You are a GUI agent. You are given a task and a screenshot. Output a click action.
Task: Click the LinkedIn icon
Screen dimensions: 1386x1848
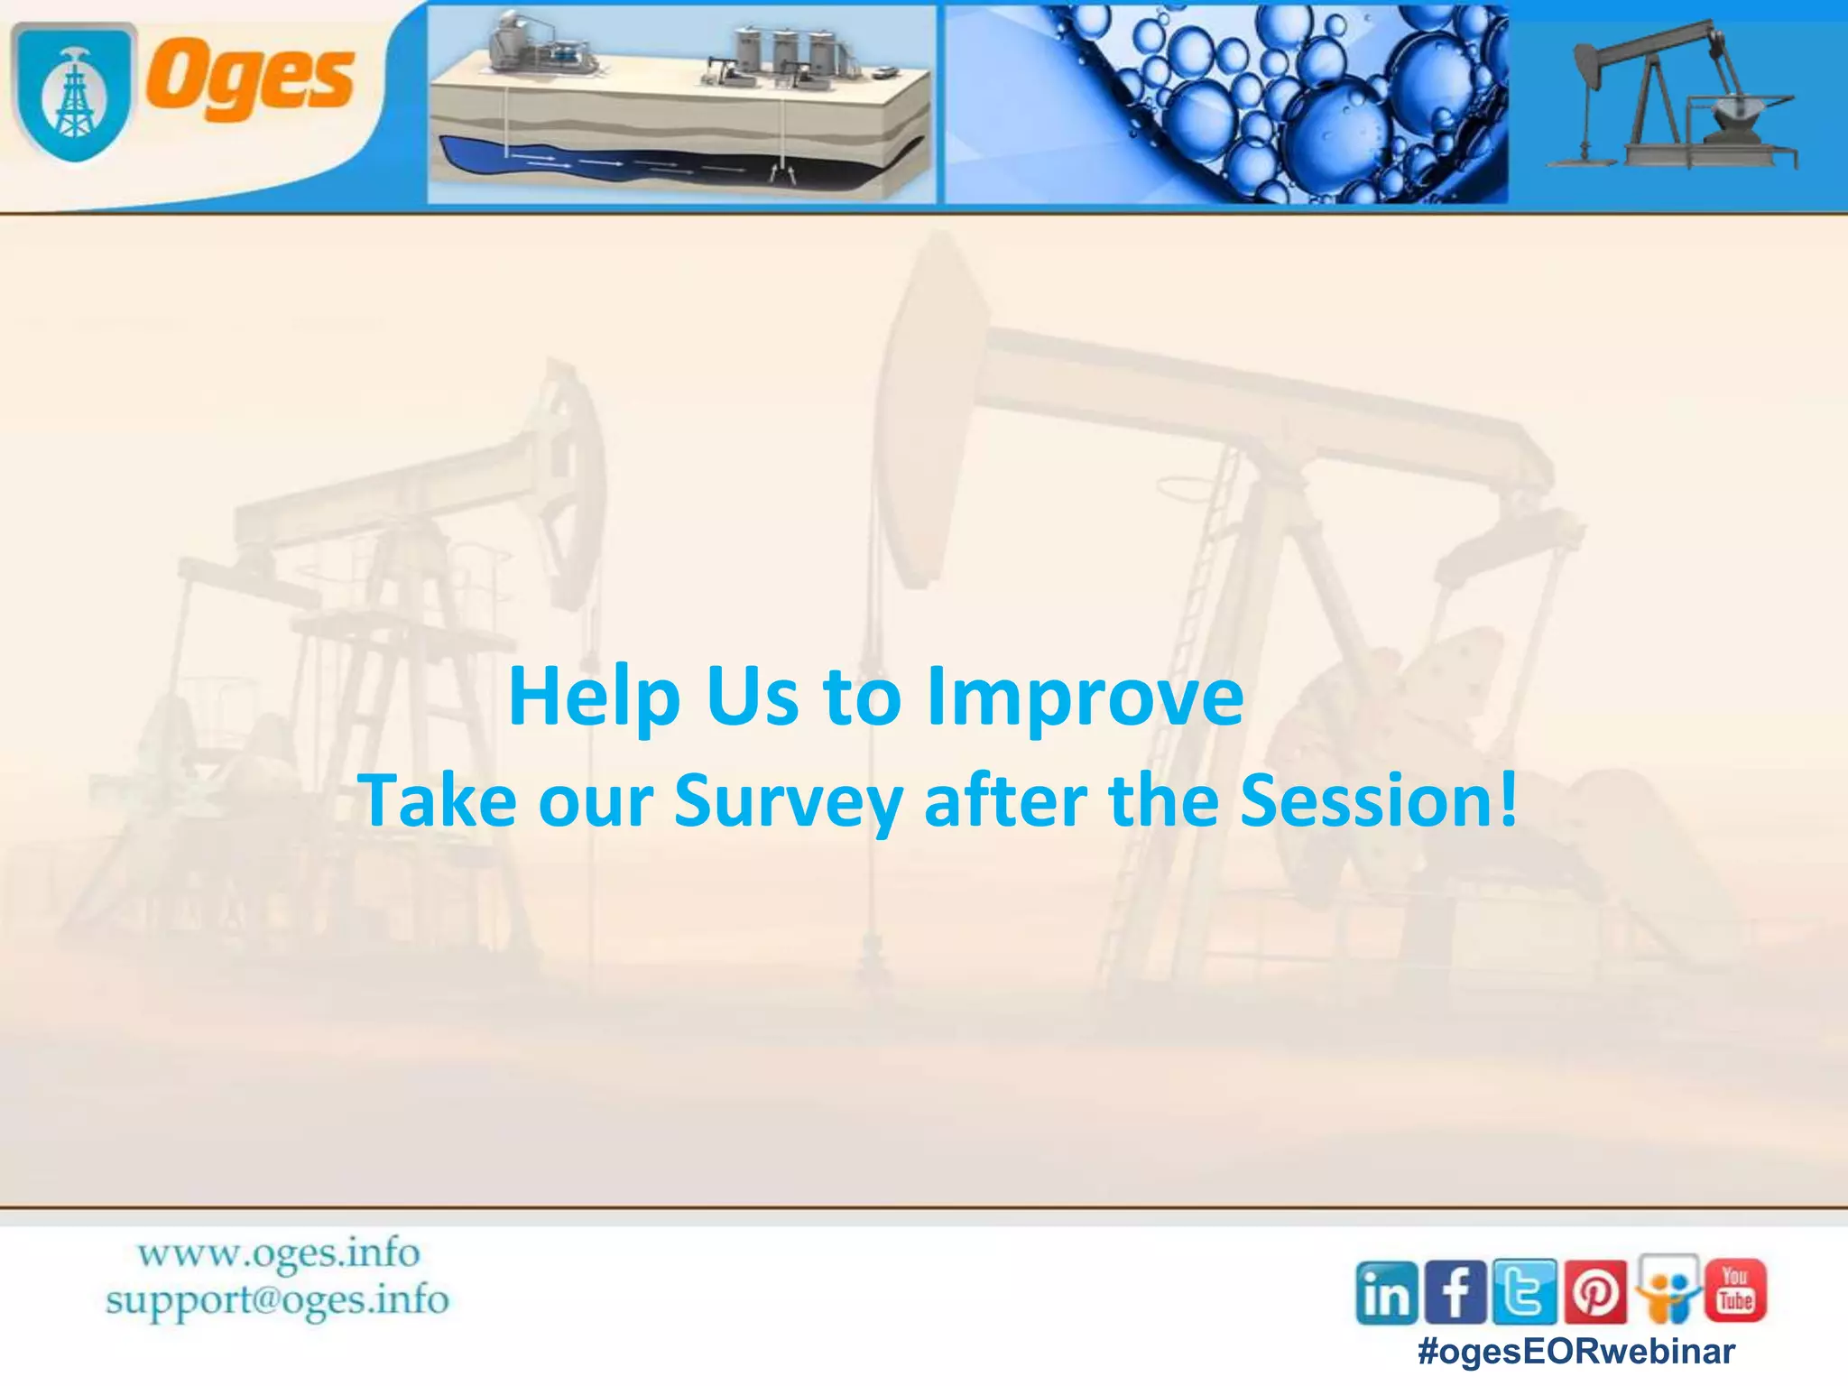(1387, 1293)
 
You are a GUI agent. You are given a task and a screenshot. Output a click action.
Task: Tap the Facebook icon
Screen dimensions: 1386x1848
(1455, 1292)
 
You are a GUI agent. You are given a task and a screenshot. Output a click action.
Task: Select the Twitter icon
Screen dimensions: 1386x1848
(1525, 1292)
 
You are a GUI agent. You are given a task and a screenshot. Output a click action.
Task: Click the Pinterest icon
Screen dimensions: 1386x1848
(1595, 1292)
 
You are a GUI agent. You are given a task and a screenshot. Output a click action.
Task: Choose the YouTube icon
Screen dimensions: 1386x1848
(1735, 1290)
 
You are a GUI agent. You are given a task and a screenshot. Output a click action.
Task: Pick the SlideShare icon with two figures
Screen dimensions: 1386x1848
(1668, 1289)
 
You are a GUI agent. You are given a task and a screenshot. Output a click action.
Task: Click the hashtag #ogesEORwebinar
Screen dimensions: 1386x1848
(1576, 1352)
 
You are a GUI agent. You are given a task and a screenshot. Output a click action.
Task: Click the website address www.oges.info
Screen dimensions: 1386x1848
(279, 1253)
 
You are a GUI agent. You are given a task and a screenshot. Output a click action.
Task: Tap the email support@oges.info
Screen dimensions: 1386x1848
(277, 1300)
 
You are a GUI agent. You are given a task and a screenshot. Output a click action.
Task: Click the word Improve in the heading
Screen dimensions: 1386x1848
(1086, 697)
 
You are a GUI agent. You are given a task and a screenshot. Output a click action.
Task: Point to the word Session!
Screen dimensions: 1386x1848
(1378, 800)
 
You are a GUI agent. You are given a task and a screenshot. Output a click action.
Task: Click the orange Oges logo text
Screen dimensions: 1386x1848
(250, 79)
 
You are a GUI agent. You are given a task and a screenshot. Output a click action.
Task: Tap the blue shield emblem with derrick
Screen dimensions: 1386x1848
(74, 93)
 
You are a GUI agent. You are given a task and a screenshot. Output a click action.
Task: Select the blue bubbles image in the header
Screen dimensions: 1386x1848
(1225, 104)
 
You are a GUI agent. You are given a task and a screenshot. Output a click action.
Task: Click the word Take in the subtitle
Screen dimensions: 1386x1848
(439, 800)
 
